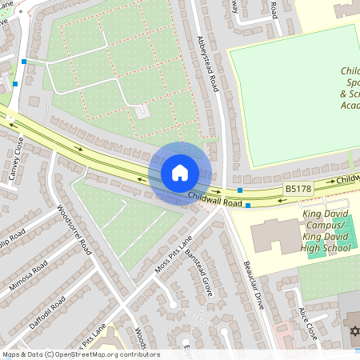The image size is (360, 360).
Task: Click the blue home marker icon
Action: tap(179, 173)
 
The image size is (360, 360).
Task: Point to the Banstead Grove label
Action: tap(198, 273)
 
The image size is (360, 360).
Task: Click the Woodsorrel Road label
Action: tap(75, 230)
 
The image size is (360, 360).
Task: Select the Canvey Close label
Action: tap(18, 159)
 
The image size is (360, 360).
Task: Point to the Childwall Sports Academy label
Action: tap(350, 88)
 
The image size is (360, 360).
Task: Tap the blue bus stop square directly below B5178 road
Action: tap(248, 206)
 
